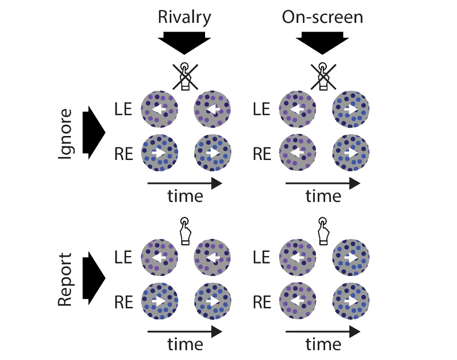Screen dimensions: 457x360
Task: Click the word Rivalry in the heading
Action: (x=184, y=18)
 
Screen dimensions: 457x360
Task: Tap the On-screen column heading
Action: (x=322, y=17)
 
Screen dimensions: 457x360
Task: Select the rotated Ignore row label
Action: (x=65, y=134)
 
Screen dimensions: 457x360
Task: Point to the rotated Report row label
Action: (x=65, y=279)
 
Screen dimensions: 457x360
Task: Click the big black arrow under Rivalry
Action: (x=184, y=43)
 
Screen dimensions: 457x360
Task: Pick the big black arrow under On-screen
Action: (x=322, y=43)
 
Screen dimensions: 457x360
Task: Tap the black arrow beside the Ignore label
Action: (x=94, y=133)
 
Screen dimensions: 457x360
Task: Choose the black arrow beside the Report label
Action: (x=94, y=278)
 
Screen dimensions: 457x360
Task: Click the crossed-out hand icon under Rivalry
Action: (x=185, y=77)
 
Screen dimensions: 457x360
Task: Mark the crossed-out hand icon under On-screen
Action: (x=323, y=77)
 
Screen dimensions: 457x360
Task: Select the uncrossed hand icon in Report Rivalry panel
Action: (x=185, y=231)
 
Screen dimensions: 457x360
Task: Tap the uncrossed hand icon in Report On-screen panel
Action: (x=323, y=231)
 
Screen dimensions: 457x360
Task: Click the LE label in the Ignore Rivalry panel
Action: (x=123, y=109)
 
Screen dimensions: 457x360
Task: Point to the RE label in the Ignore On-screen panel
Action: (x=262, y=154)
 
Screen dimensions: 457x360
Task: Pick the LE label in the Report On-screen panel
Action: (x=262, y=257)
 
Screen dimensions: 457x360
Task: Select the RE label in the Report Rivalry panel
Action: (x=123, y=302)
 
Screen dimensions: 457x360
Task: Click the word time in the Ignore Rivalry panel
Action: (x=185, y=196)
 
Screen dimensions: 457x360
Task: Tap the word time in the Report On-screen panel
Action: (x=323, y=344)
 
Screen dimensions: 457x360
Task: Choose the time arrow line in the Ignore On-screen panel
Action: (x=323, y=183)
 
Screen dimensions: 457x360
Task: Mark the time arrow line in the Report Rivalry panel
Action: (x=185, y=332)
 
